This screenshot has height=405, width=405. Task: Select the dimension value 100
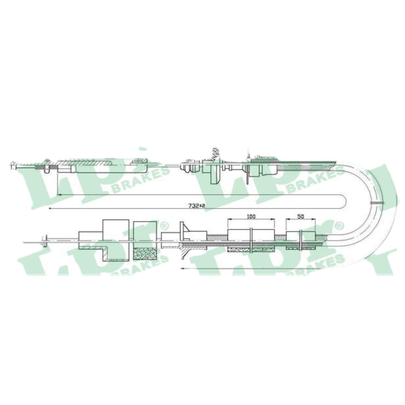(251, 217)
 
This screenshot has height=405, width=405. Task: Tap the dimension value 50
(301, 217)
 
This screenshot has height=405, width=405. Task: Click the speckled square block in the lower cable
(145, 254)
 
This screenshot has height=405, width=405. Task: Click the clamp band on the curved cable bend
(376, 202)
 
